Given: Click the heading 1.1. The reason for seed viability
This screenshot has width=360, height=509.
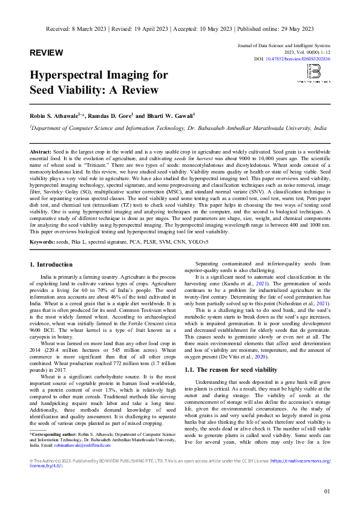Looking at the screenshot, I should point(232,369).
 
